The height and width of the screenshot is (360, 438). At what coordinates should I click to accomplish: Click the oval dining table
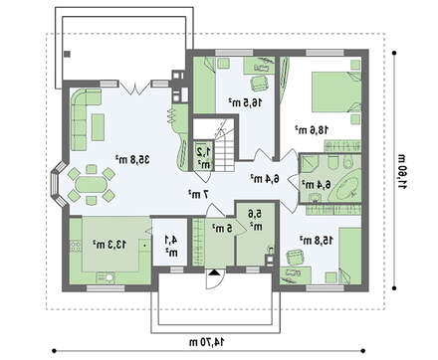point(92,185)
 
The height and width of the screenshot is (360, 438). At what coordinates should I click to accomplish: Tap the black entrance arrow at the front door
point(214,272)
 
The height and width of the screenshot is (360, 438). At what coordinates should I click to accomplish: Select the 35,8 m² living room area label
point(132,160)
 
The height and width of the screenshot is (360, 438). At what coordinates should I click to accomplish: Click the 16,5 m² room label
point(245,102)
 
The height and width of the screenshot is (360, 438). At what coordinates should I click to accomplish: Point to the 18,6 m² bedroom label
point(312,129)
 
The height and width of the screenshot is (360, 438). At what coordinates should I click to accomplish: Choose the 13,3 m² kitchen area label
point(109,245)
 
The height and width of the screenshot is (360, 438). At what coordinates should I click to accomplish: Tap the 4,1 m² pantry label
point(172,247)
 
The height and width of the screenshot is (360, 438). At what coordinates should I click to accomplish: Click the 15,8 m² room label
point(317,241)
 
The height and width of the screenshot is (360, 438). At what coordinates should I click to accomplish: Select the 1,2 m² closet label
point(204,158)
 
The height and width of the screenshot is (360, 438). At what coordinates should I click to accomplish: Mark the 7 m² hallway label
point(199,195)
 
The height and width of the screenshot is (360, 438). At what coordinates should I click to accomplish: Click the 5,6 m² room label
point(256,221)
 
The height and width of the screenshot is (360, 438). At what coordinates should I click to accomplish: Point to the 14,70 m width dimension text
point(209,342)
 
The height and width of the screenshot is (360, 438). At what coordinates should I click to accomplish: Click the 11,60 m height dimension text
point(402,170)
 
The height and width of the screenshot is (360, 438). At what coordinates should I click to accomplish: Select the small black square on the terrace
point(68,54)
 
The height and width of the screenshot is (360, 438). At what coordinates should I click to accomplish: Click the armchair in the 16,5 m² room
point(259,83)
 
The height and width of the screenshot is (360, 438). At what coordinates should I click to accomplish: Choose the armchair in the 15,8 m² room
point(295,257)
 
